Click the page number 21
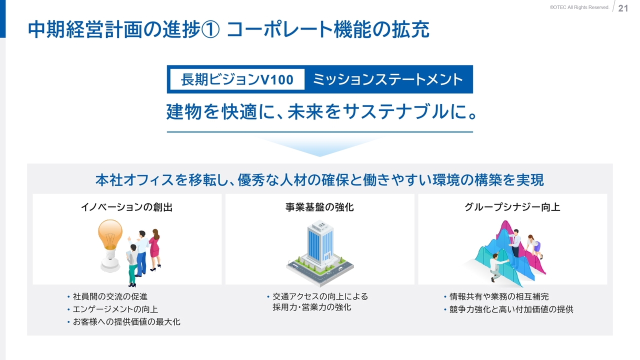coord(623,8)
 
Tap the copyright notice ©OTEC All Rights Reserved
coord(579,7)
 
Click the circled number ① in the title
coord(210,29)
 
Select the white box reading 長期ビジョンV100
coord(237,79)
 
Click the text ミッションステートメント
coord(388,79)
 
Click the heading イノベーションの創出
coord(127,207)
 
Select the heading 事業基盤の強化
coord(319,207)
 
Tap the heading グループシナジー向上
coord(512,207)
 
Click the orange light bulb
coord(110,245)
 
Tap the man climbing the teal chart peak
coord(497,265)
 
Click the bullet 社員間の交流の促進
coord(110,296)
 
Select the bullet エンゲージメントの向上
coord(115,309)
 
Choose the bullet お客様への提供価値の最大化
coord(126,321)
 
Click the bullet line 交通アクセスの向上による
coord(320,296)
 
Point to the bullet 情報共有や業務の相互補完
coord(499,296)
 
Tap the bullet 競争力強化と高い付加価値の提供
coord(511,309)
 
